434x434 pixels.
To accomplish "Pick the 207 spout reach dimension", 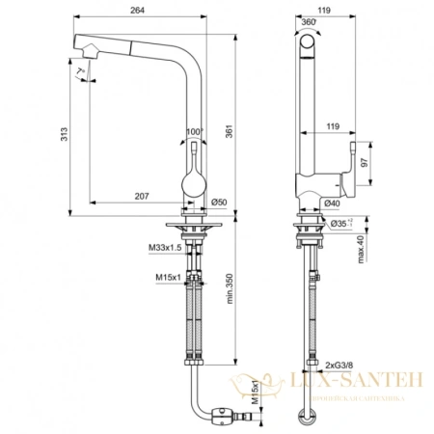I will pos(142,197).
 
